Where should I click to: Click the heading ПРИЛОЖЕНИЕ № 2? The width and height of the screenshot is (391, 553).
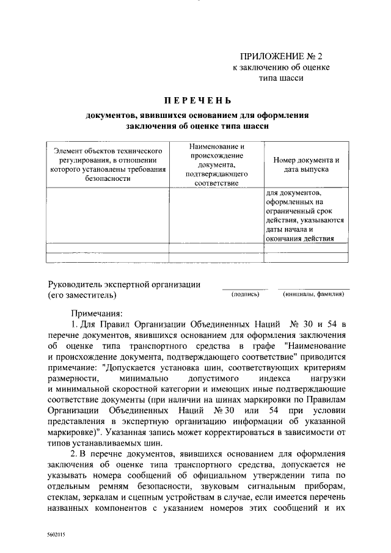(x=281, y=56)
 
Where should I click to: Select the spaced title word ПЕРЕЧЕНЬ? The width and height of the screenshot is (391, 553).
(x=197, y=100)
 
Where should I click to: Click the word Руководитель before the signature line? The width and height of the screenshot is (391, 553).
(x=78, y=284)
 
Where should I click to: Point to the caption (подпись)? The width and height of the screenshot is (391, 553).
(x=246, y=295)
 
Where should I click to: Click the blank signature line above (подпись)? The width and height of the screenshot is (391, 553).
(x=244, y=288)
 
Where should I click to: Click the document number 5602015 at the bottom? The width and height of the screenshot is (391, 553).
(x=56, y=534)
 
